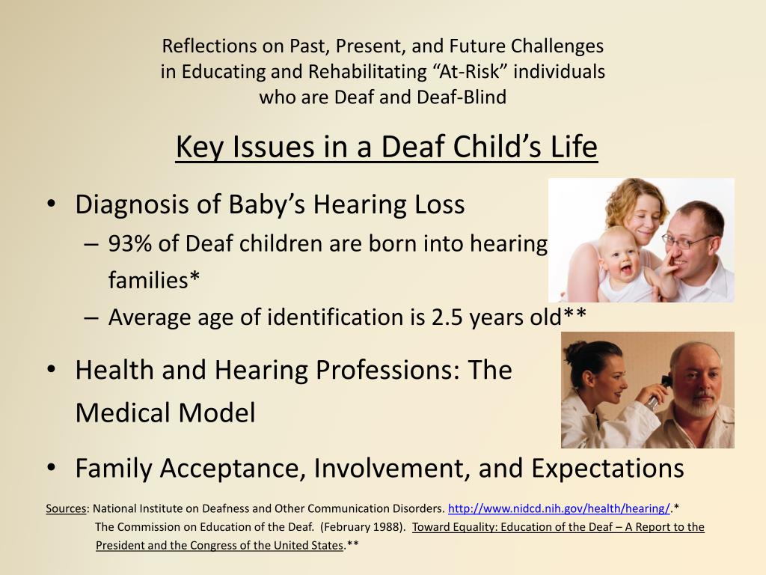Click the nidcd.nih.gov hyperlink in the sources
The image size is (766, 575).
tap(559, 508)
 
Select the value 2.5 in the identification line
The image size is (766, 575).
tap(447, 317)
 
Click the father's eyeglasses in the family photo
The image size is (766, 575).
tap(687, 240)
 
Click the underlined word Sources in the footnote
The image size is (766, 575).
tap(66, 508)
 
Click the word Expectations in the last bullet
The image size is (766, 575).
tap(607, 469)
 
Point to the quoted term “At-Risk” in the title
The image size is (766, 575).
tap(470, 71)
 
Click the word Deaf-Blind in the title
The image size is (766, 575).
tap(462, 97)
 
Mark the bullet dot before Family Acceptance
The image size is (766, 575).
tap(52, 467)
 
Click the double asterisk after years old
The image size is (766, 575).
tap(574, 313)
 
